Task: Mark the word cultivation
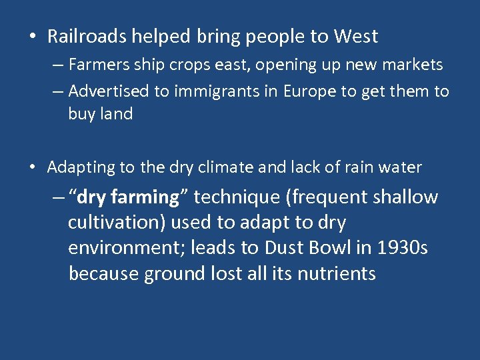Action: coord(117,223)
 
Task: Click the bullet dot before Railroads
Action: coord(33,37)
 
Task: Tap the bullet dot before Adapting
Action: coord(33,168)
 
